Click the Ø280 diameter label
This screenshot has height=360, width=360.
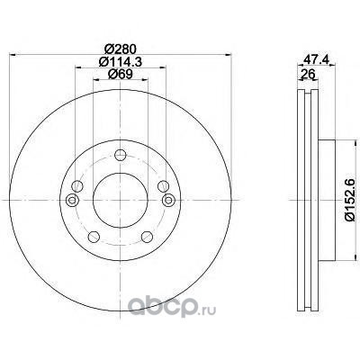121,49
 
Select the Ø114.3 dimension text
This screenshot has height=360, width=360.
121,62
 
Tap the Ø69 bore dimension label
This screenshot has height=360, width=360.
121,74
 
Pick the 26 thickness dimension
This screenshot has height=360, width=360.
307,74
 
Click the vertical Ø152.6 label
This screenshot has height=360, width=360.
350,200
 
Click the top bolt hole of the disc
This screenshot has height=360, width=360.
121,155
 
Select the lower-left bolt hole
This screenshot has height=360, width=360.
94,237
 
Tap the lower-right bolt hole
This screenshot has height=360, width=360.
147,237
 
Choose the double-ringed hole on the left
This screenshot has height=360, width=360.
72,200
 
